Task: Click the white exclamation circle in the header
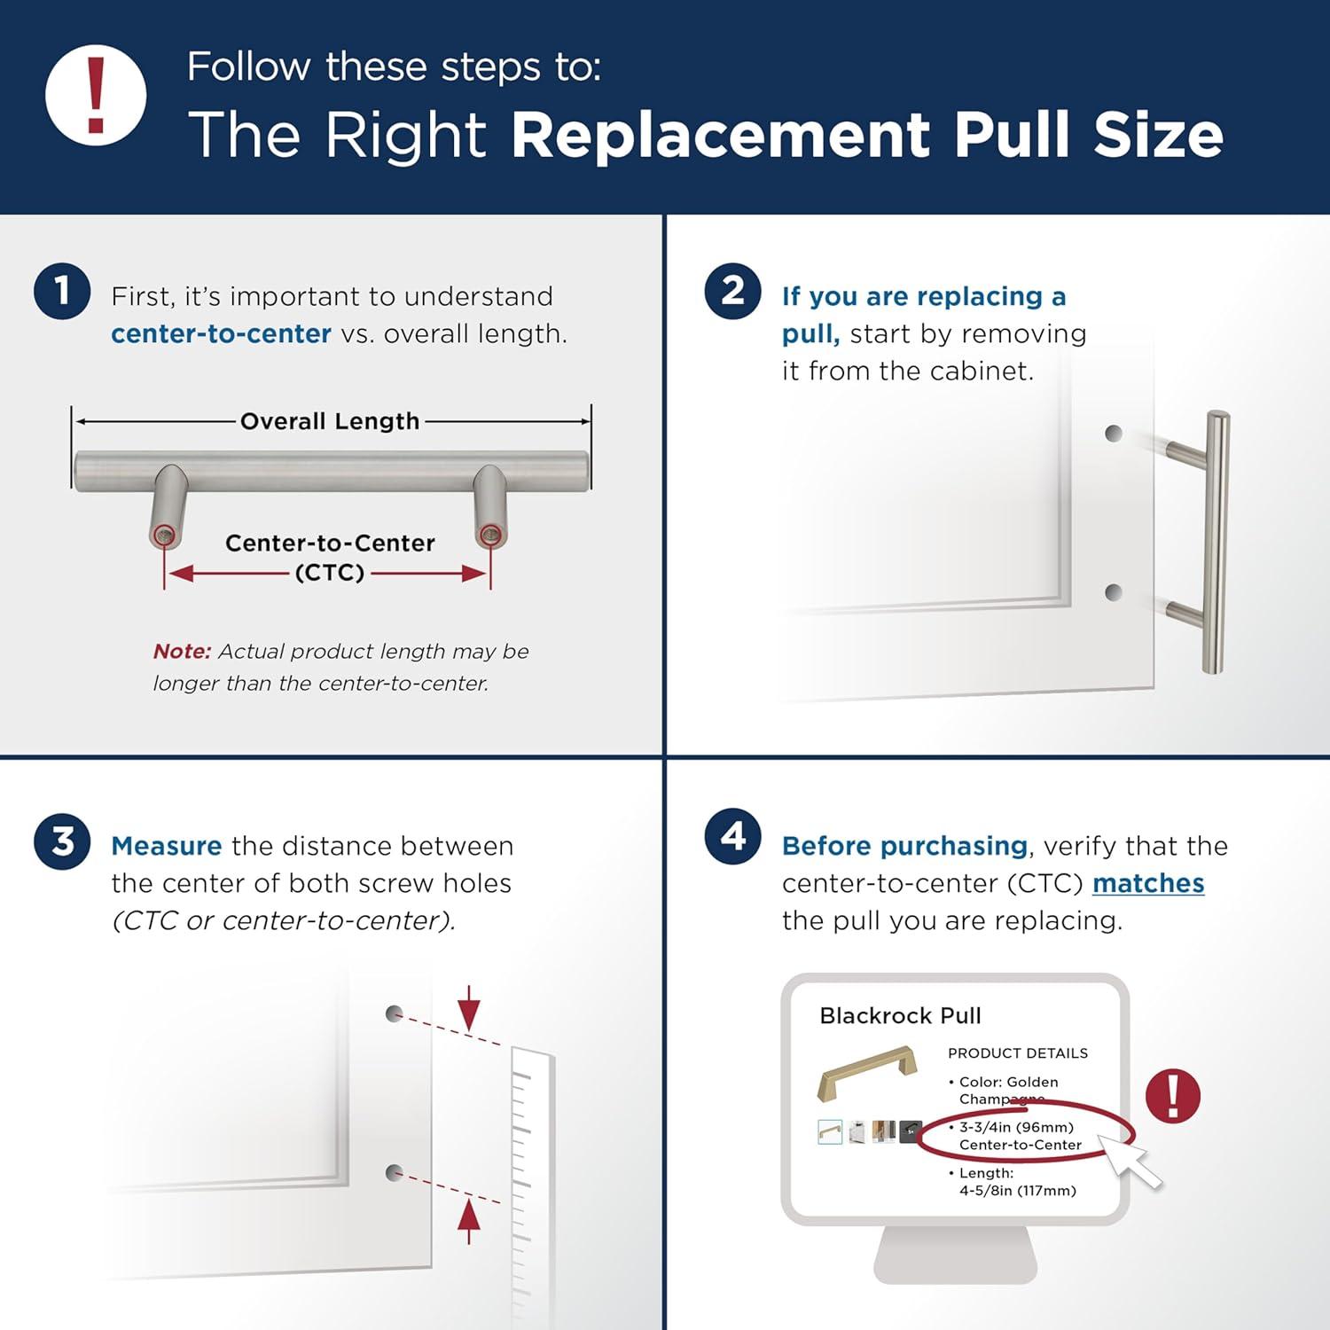[96, 96]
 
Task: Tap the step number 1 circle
[62, 291]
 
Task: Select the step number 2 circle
[732, 291]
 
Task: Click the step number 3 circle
[62, 841]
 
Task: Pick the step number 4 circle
[732, 836]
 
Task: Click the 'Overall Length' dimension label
[330, 421]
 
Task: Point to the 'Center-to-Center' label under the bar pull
[330, 543]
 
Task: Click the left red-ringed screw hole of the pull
[163, 535]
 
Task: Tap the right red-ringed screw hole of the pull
[489, 535]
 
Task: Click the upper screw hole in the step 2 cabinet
[1114, 434]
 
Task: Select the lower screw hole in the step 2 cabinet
[1114, 592]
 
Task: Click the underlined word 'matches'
[1147, 883]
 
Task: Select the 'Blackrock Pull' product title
[900, 1015]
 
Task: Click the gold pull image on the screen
[858, 1073]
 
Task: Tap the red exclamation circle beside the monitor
[1172, 1096]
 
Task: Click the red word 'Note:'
[182, 651]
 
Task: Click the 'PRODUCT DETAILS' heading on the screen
[1017, 1053]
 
